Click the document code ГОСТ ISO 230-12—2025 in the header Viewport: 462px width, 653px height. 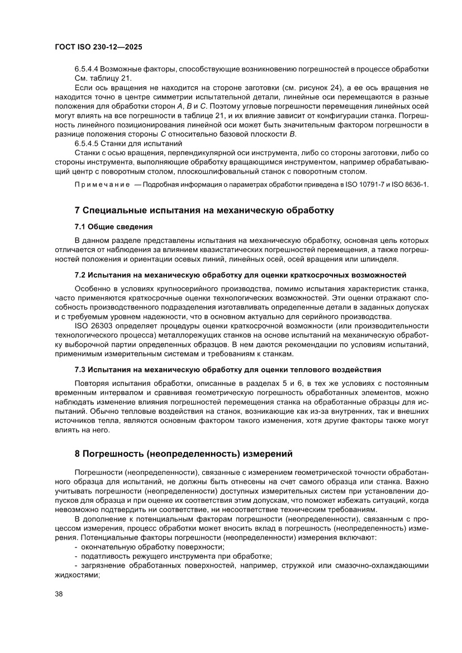point(98,47)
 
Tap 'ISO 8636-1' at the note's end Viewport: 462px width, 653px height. point(410,185)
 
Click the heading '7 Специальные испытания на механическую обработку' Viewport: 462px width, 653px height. point(204,211)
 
